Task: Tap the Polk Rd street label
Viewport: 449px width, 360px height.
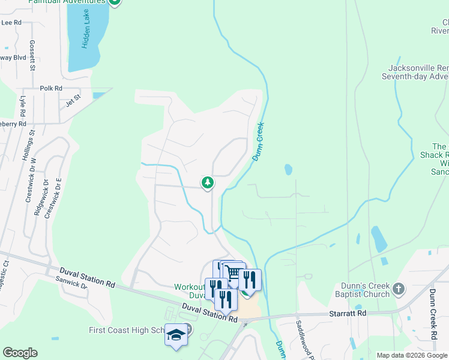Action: [x=51, y=88]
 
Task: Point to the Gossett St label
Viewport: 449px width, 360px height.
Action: [x=32, y=55]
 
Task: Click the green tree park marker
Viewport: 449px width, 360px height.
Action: [x=208, y=182]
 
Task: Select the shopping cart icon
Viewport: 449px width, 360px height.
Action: [x=234, y=273]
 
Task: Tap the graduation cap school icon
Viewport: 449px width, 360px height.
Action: [x=176, y=334]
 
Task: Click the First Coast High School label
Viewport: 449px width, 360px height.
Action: [x=126, y=330]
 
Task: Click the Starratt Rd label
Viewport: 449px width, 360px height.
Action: [x=348, y=313]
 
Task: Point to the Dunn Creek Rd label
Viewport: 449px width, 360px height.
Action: [x=432, y=314]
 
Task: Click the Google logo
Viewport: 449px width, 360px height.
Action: [x=20, y=353]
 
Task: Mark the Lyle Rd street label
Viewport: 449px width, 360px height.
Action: [x=23, y=106]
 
